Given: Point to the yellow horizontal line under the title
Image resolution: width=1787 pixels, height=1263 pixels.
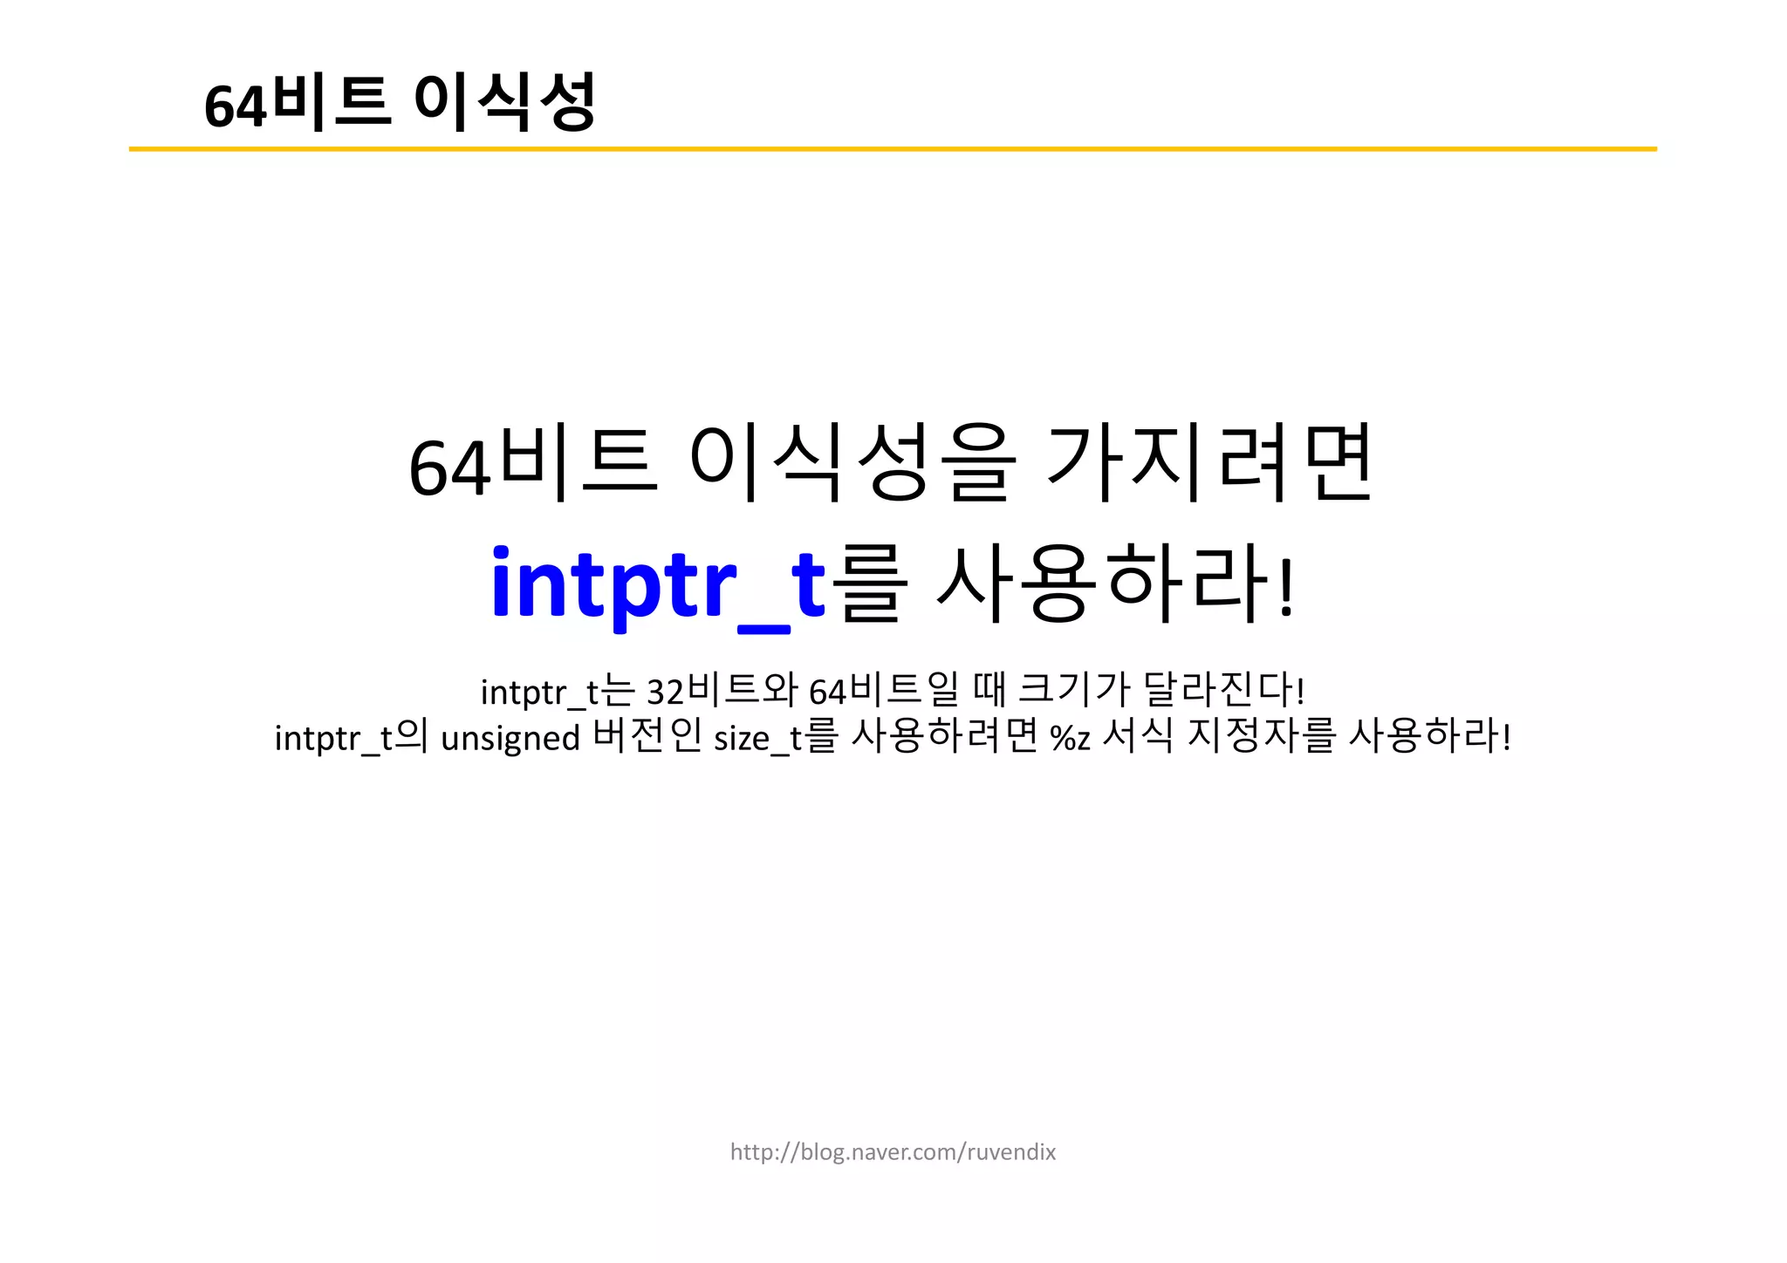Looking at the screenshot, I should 892,149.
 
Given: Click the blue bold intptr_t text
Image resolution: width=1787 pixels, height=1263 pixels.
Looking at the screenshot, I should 658,583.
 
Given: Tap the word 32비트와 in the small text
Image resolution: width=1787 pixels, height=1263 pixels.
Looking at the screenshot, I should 722,691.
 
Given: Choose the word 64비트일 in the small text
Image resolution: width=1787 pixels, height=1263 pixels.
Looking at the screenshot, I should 883,691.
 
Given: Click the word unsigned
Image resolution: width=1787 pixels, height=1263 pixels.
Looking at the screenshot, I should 510,739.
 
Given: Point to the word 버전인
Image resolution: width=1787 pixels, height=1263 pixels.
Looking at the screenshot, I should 647,737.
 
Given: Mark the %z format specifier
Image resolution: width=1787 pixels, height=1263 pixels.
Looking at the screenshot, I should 1070,739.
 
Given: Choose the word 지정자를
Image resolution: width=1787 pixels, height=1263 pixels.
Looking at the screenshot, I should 1262,737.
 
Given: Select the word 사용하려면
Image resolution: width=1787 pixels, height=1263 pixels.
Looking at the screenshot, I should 945,737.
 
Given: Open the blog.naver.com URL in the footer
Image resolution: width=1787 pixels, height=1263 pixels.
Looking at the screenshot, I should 893,1152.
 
